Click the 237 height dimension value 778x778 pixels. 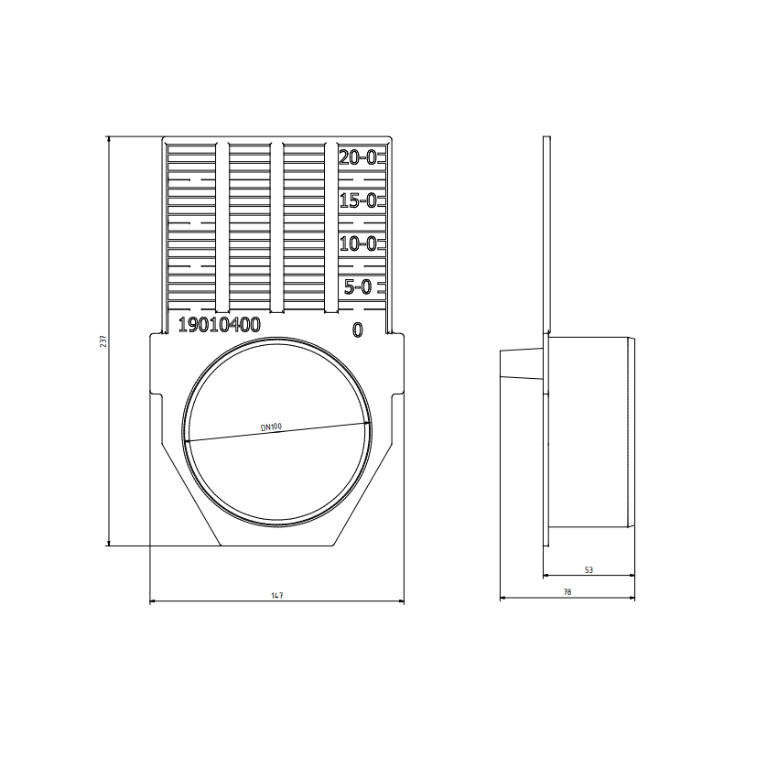click(103, 340)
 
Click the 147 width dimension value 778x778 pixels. click(276, 596)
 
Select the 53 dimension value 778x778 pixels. click(589, 570)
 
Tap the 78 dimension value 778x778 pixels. click(567, 592)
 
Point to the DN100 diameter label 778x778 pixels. click(272, 427)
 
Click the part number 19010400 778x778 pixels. click(220, 325)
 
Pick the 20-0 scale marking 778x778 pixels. click(358, 157)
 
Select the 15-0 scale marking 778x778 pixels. click(358, 201)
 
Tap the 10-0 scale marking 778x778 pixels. click(358, 244)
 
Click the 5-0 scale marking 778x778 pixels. click(358, 286)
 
